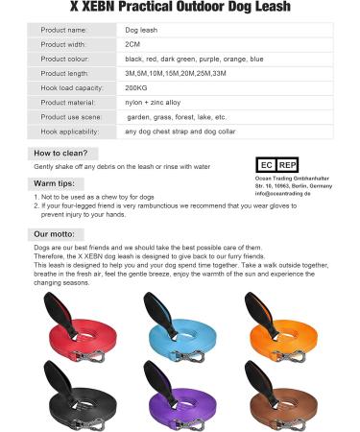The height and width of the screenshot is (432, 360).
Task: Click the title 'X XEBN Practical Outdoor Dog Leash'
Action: pyautogui.click(x=180, y=9)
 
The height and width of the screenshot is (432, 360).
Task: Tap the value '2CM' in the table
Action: pyautogui.click(x=133, y=44)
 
